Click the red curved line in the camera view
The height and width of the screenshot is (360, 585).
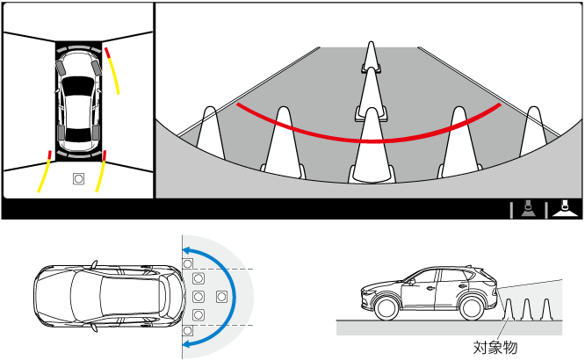[369, 141]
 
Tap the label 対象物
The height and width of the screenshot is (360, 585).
[495, 348]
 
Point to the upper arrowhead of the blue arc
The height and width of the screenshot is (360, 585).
[188, 250]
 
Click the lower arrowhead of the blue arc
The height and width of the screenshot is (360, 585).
[188, 342]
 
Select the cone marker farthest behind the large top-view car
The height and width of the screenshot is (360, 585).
[221, 297]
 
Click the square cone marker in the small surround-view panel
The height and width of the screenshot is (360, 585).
[78, 179]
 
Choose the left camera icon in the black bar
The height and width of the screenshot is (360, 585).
[528, 209]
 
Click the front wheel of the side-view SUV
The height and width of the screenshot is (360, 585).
[386, 308]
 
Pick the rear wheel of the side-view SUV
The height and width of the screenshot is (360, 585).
[472, 308]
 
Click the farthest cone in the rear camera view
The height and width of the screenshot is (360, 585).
[371, 57]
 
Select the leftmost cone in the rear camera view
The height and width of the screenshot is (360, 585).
[211, 133]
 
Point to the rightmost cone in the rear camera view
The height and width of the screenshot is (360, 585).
[534, 131]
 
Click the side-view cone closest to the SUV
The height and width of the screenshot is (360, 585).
[509, 309]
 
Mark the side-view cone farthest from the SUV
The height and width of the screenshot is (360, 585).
[546, 309]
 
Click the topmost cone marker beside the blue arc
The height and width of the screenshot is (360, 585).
[188, 263]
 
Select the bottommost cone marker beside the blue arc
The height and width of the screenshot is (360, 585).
[188, 330]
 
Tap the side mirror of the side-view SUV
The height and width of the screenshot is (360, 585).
[410, 282]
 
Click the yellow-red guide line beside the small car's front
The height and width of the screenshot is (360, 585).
[112, 70]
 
